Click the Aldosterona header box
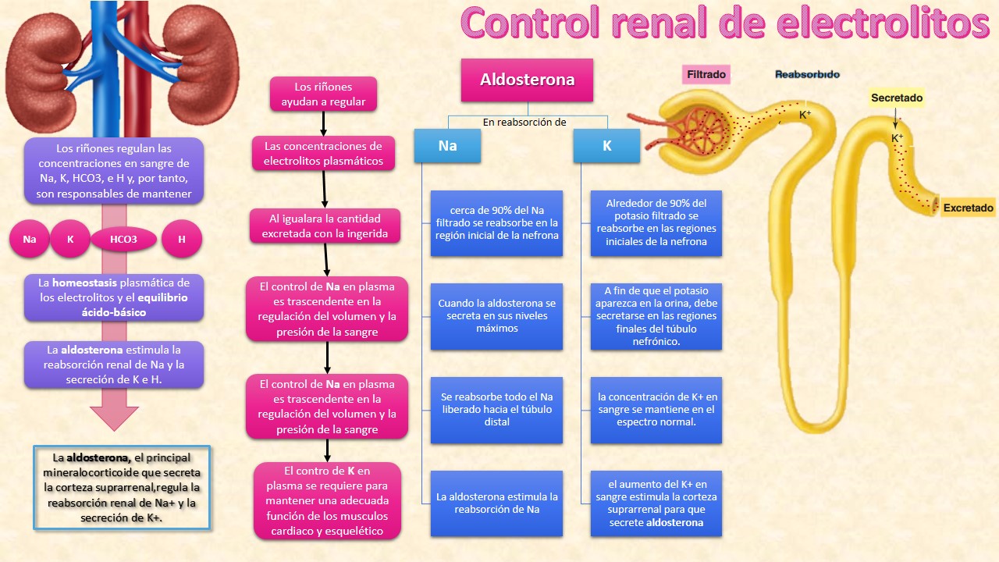(x=527, y=80)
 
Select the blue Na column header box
(x=447, y=146)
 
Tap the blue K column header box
(x=606, y=146)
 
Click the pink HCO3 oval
(x=123, y=240)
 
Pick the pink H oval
(x=182, y=240)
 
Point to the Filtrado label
(x=706, y=75)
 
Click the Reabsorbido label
(x=807, y=75)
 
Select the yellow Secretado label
(x=897, y=98)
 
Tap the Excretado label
(x=968, y=208)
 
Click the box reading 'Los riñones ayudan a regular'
(x=323, y=94)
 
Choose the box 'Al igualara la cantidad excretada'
(x=325, y=226)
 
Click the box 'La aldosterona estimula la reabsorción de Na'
(x=496, y=503)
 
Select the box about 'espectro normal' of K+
(x=656, y=409)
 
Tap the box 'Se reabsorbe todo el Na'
(x=496, y=409)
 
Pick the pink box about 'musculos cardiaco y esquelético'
(x=327, y=501)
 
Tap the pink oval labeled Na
(x=30, y=240)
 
